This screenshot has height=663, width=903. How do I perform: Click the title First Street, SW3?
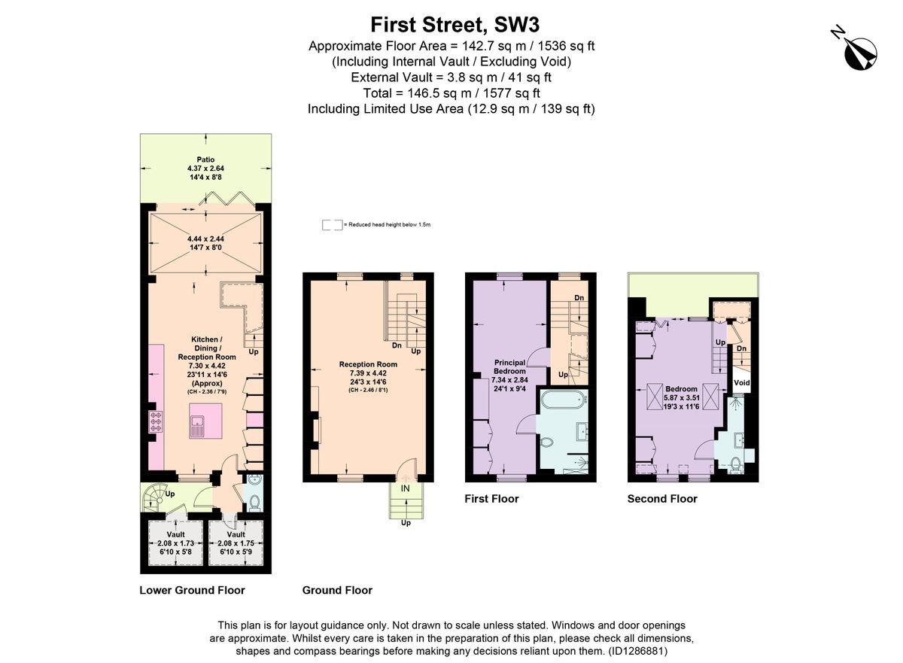451,25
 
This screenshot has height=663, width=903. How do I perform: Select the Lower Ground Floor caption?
192,590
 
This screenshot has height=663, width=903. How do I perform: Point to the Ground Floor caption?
337,590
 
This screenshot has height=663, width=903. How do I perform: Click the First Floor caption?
491,498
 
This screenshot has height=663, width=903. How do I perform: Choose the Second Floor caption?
662,498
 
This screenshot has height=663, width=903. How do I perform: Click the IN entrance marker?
406,488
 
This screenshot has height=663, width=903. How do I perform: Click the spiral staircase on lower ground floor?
157,496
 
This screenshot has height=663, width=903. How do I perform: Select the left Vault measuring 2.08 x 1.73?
175,543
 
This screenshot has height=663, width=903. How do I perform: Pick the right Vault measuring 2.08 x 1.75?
236,543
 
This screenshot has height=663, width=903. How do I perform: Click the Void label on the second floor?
742,382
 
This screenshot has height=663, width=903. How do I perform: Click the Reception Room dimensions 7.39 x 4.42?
367,373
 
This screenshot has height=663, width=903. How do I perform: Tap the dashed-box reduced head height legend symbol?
331,225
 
